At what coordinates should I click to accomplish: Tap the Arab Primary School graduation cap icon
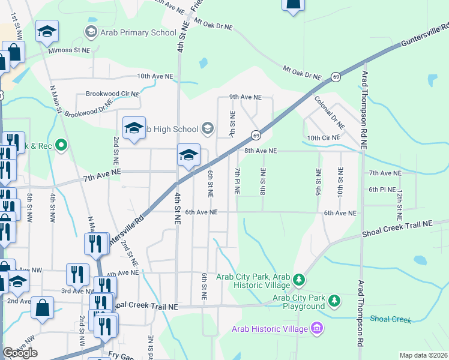pyautogui.click(x=91, y=31)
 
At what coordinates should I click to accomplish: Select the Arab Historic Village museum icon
pyautogui.click(x=317, y=328)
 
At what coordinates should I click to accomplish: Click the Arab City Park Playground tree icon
pyautogui.click(x=334, y=299)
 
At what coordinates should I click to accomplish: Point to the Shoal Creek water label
pyautogui.click(x=391, y=319)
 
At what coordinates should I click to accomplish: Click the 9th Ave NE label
pyautogui.click(x=246, y=97)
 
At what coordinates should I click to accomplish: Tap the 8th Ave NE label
pyautogui.click(x=260, y=151)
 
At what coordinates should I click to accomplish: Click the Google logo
pyautogui.click(x=20, y=353)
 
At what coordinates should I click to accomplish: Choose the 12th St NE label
pyautogui.click(x=399, y=202)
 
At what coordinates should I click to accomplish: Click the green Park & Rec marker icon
pyautogui.click(x=61, y=145)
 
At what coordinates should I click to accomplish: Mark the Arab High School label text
pyautogui.click(x=174, y=129)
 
